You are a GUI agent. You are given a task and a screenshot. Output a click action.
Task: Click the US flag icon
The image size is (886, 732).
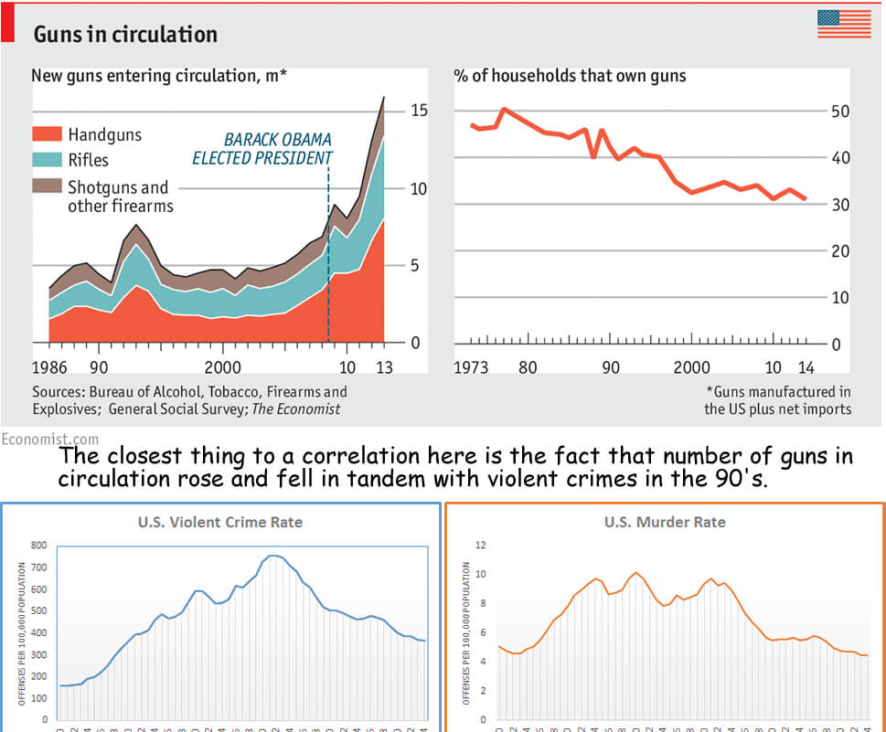point(844,24)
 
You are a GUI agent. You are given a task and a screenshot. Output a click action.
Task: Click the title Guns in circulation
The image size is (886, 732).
point(125,35)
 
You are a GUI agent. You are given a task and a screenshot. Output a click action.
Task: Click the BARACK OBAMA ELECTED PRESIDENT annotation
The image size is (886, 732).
point(262,149)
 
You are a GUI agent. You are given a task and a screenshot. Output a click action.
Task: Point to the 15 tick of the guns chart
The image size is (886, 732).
point(420,111)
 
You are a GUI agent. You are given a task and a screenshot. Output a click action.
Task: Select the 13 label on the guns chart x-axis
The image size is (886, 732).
point(384,367)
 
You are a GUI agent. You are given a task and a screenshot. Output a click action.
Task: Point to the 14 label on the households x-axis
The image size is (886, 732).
point(806,367)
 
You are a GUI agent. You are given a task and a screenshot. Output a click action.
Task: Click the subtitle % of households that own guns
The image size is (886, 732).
point(570,75)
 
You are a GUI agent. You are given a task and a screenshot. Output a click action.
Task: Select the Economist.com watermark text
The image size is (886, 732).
point(50,440)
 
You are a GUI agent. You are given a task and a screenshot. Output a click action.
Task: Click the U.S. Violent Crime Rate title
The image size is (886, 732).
point(219,523)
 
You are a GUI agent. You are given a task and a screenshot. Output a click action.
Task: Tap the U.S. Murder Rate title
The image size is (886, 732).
point(665,523)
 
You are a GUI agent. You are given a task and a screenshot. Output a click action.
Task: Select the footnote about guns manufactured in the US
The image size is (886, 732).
point(777,400)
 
